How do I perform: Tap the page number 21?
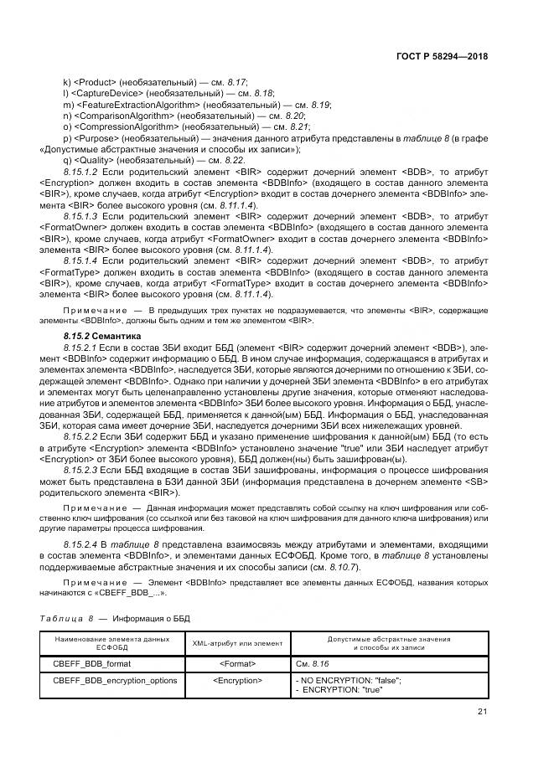tap(482, 713)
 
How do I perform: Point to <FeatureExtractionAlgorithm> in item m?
tap(131, 105)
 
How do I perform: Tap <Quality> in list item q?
tap(93, 160)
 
